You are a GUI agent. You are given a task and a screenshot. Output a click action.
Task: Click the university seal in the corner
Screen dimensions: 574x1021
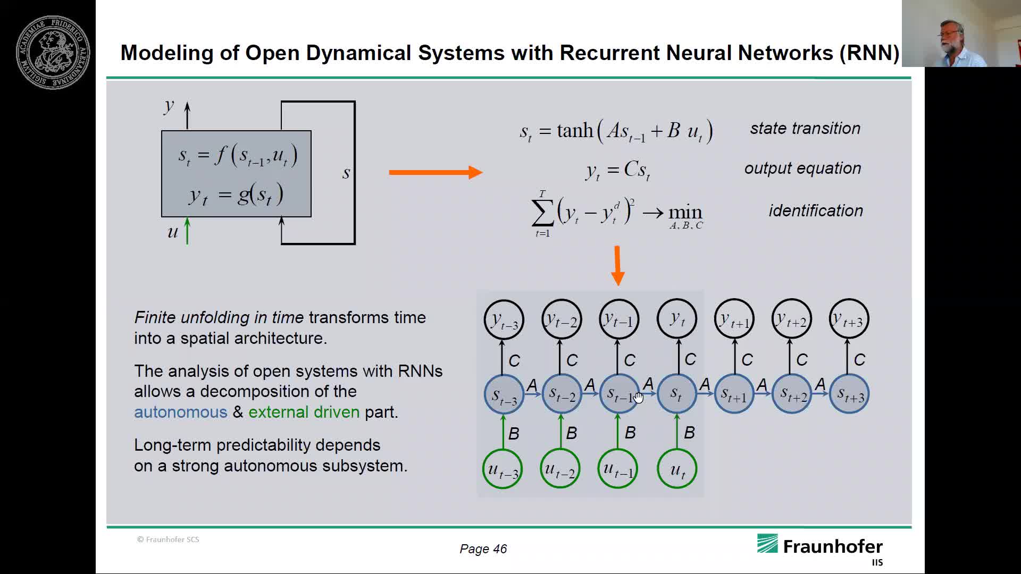[x=53, y=52]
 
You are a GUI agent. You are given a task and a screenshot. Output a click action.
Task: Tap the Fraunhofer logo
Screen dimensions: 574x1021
[x=819, y=547]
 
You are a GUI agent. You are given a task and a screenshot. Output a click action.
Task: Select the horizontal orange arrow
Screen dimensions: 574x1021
[x=436, y=172]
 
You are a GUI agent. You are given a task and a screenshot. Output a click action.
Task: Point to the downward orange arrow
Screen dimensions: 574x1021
[x=617, y=265]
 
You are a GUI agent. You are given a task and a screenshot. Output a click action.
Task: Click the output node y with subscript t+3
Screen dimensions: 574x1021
[x=849, y=319]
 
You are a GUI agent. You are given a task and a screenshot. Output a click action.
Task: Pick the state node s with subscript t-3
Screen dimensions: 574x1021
[x=504, y=394]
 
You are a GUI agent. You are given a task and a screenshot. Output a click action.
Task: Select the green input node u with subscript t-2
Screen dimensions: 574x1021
[x=560, y=469]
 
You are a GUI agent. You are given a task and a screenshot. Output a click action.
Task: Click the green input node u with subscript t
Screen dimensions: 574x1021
[x=676, y=469]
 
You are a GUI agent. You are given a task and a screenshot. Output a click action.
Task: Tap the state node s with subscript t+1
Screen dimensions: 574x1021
[x=734, y=394]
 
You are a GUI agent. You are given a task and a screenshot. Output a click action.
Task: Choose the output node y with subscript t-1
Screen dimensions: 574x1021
[x=618, y=319]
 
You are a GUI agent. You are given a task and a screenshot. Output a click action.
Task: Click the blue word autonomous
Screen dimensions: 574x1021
[x=180, y=412]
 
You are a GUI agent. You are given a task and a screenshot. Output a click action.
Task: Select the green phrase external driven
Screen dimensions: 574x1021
[x=304, y=412]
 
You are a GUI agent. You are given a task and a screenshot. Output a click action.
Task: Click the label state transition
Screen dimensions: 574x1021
[x=805, y=129]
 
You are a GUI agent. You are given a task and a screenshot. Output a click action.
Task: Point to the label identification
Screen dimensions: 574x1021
[x=815, y=211]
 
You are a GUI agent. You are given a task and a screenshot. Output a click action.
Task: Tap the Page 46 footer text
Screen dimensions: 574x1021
[x=483, y=549]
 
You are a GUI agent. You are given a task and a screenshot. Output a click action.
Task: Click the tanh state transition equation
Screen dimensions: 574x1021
[x=616, y=131]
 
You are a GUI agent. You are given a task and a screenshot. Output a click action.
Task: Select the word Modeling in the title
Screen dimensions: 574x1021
[x=167, y=53]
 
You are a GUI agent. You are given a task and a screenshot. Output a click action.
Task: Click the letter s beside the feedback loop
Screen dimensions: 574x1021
[x=346, y=173]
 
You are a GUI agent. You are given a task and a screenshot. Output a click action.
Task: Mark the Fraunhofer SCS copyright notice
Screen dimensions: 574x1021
[x=168, y=539]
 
